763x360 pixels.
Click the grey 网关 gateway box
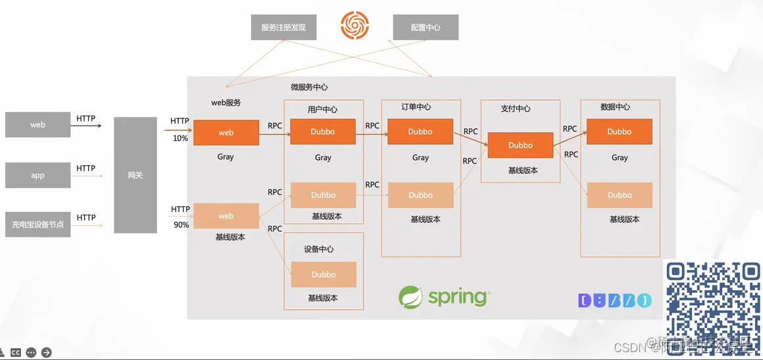tap(135, 175)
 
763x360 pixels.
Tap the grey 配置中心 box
tap(426, 28)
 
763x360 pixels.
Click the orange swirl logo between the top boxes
tap(355, 26)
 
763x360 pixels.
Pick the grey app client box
tap(37, 176)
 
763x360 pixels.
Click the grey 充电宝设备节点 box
tap(37, 224)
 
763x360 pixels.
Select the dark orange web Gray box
tap(226, 132)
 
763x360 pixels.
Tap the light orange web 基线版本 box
tap(226, 216)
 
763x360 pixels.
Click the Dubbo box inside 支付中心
tap(520, 145)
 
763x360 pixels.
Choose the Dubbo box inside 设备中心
tap(324, 274)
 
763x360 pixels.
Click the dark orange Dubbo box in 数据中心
tap(619, 132)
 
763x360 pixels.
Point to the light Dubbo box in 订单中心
tap(420, 195)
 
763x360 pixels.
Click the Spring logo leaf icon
tap(410, 297)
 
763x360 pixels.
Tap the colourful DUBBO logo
tap(615, 301)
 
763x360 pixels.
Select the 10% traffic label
tap(180, 138)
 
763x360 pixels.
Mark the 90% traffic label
tap(180, 225)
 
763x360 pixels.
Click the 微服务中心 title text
tap(309, 87)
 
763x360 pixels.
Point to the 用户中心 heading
tap(322, 109)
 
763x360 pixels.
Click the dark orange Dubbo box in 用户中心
tap(323, 132)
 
